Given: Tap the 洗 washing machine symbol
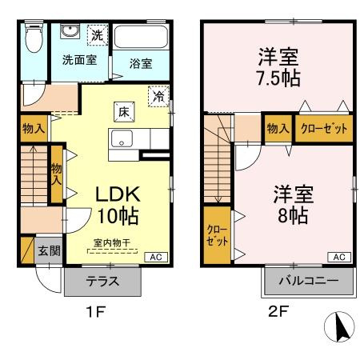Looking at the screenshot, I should [x=96, y=35].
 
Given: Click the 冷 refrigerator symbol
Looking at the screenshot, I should [x=159, y=95].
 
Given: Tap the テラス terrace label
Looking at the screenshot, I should [x=102, y=281].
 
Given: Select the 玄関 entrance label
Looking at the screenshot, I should [x=48, y=250].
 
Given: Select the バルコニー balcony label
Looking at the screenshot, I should [x=307, y=281].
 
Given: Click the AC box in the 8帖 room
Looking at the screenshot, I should [x=338, y=257].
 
